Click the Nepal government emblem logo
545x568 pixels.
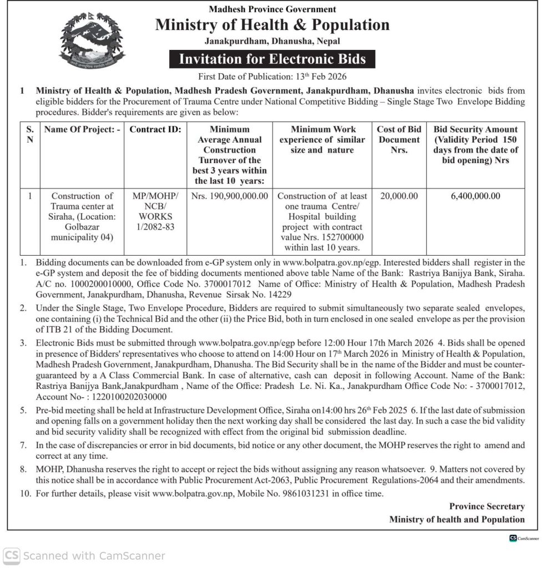point(92,40)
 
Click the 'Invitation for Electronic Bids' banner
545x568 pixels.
point(272,59)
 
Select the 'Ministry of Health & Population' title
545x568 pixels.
point(272,25)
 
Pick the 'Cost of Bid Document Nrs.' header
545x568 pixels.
point(399,140)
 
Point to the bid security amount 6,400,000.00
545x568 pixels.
point(476,196)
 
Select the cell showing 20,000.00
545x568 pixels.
point(399,196)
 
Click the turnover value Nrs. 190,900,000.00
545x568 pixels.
point(229,196)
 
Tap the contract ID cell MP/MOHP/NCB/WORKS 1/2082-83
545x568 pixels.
point(155,211)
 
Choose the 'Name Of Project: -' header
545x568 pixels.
point(82,130)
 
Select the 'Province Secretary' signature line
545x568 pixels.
point(487,506)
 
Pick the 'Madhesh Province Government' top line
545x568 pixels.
point(272,9)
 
